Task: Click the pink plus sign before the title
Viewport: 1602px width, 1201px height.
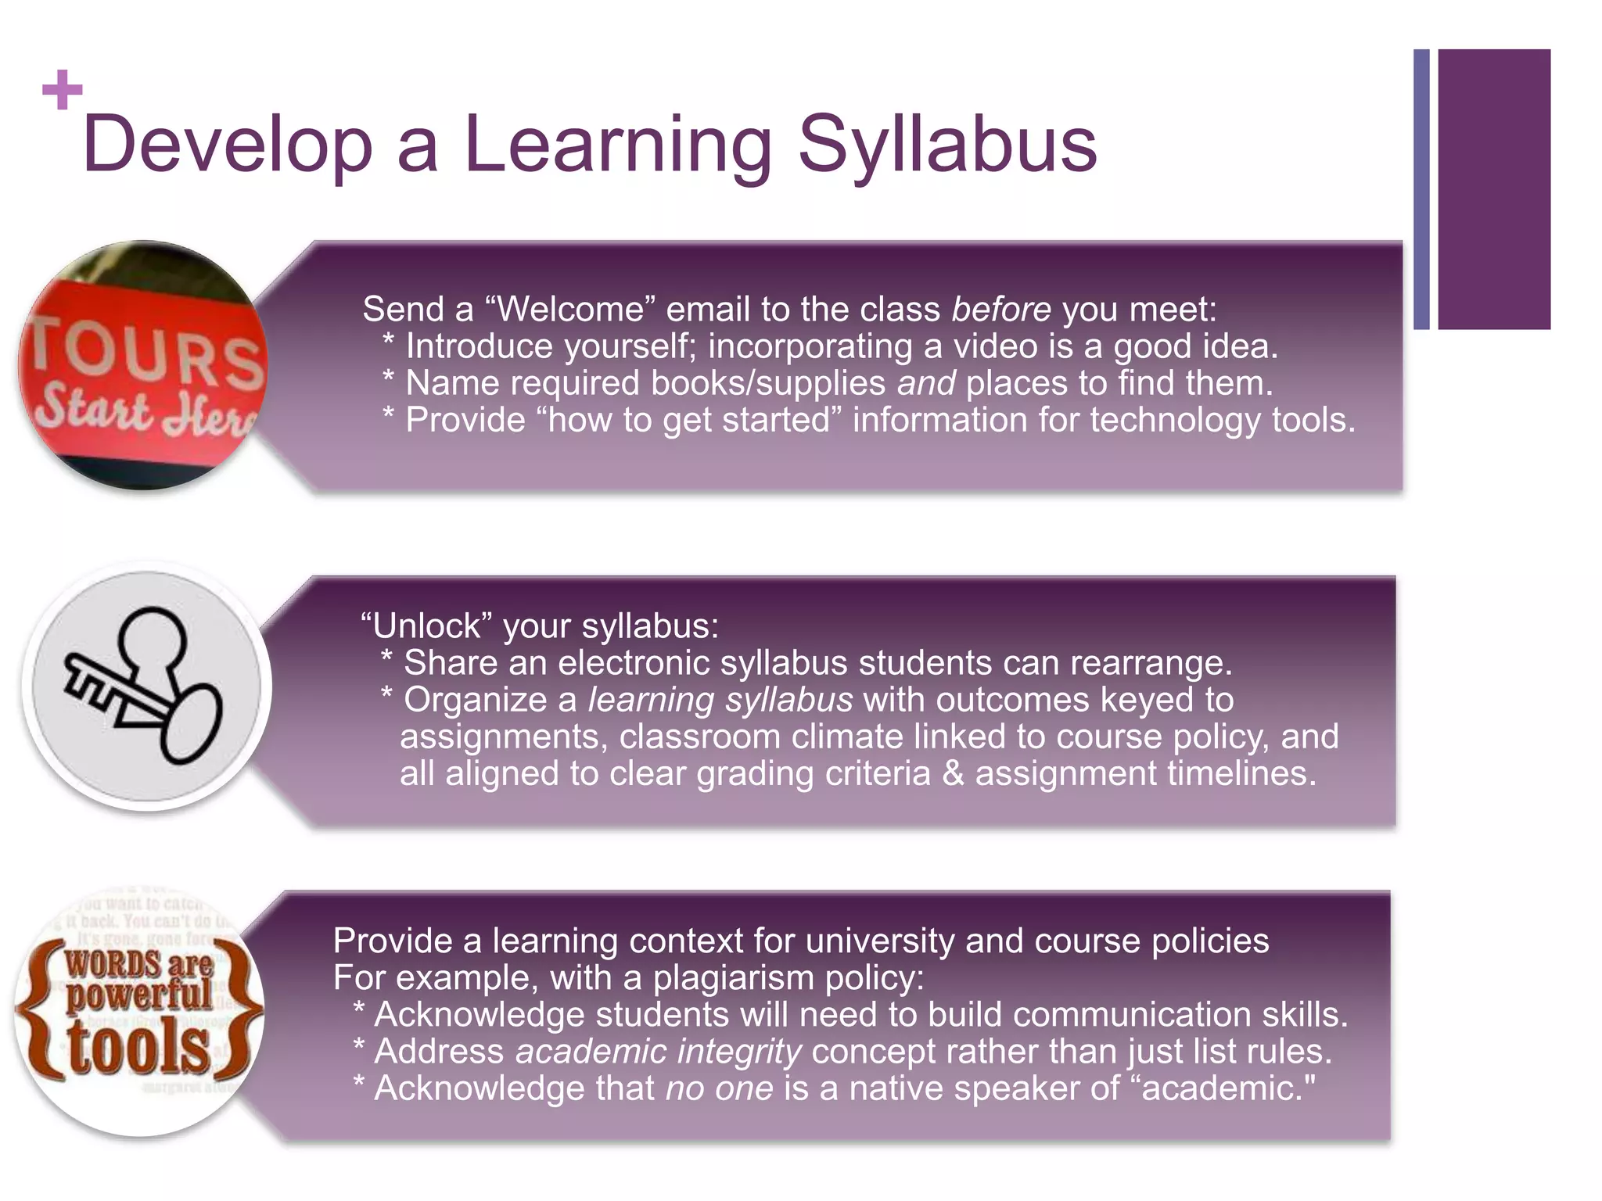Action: pos(63,90)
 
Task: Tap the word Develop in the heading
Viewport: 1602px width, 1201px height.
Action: pos(227,146)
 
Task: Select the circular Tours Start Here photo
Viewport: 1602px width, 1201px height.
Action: pos(143,365)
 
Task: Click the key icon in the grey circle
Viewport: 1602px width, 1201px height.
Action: pos(145,686)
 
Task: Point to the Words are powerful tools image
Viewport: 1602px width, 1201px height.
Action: pos(139,1013)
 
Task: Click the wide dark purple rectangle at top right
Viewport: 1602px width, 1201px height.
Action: pos(1493,189)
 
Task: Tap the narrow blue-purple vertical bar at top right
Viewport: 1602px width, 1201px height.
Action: pos(1421,189)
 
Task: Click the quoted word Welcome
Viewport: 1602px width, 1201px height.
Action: pos(570,310)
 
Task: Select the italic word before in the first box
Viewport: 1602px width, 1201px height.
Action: pos(1000,310)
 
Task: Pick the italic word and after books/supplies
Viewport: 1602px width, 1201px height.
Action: pos(925,383)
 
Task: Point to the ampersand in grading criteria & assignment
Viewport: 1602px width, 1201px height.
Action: pos(953,773)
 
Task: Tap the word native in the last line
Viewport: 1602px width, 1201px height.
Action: pos(895,1088)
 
